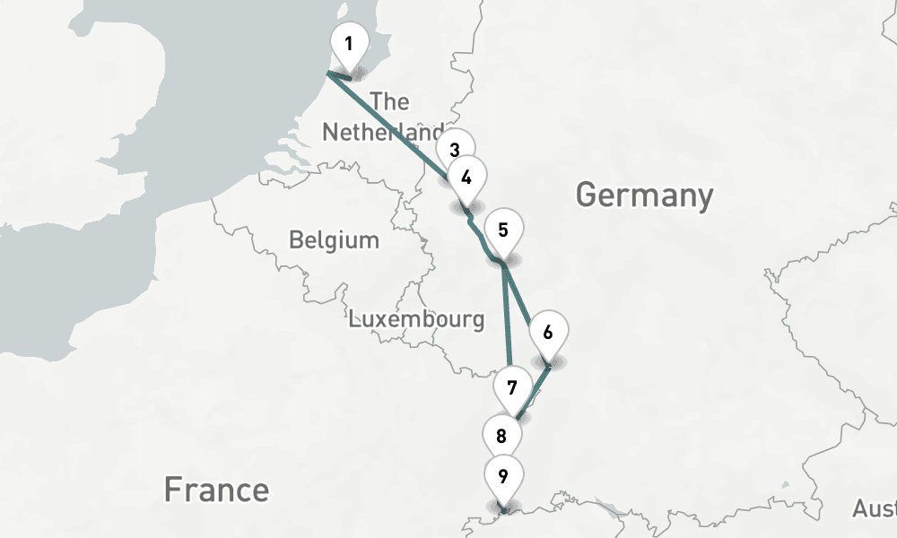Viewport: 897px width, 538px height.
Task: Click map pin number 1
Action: tap(348, 42)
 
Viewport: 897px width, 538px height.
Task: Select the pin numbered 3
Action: tap(455, 149)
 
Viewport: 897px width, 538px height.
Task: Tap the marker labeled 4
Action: tap(466, 177)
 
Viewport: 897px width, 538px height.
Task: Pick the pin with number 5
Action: tap(503, 230)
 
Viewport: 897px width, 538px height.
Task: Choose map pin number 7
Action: tap(512, 387)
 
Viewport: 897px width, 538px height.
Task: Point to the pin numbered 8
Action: tap(501, 436)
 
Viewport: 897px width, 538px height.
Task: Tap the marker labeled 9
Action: tap(503, 475)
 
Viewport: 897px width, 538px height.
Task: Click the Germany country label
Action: tap(644, 195)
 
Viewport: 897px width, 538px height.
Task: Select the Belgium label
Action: tap(334, 240)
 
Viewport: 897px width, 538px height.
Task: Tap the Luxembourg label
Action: tap(416, 319)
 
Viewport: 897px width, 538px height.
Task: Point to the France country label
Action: tap(216, 490)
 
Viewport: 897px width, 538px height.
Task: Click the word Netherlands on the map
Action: tap(381, 133)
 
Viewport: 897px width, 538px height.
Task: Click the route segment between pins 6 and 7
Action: tap(533, 391)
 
